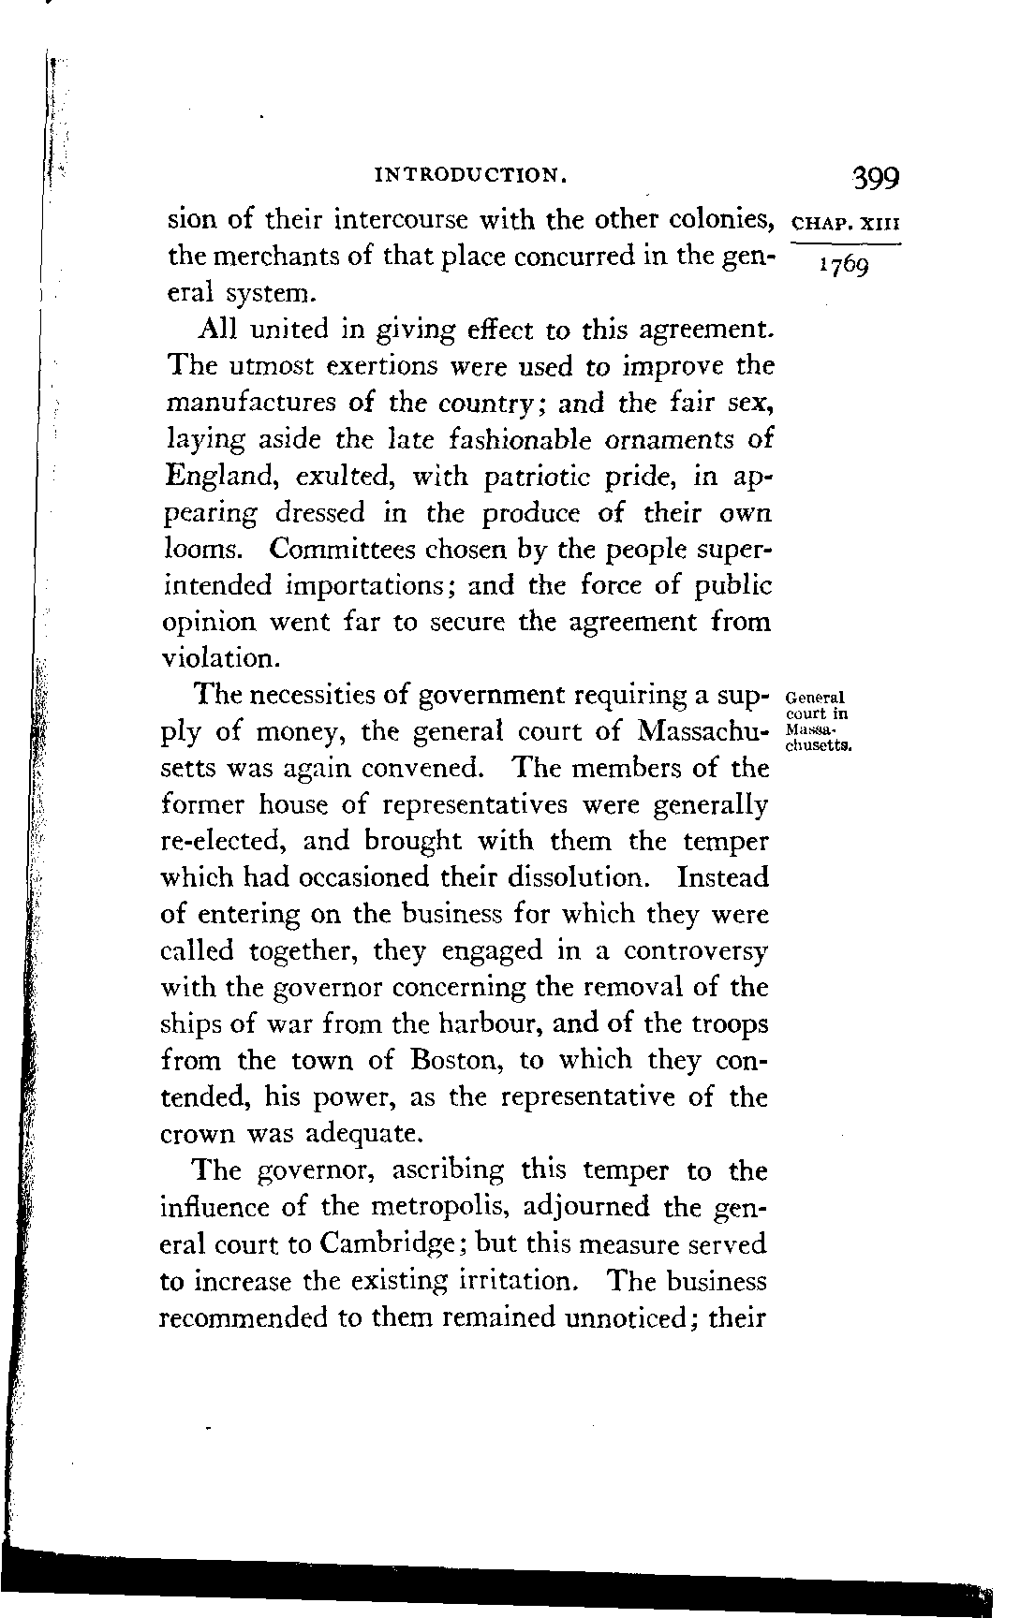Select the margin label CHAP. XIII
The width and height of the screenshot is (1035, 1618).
(846, 225)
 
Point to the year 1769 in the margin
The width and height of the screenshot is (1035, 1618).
(844, 267)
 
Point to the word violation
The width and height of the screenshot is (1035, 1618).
(220, 659)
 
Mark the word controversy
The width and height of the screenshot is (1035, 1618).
(696, 951)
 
